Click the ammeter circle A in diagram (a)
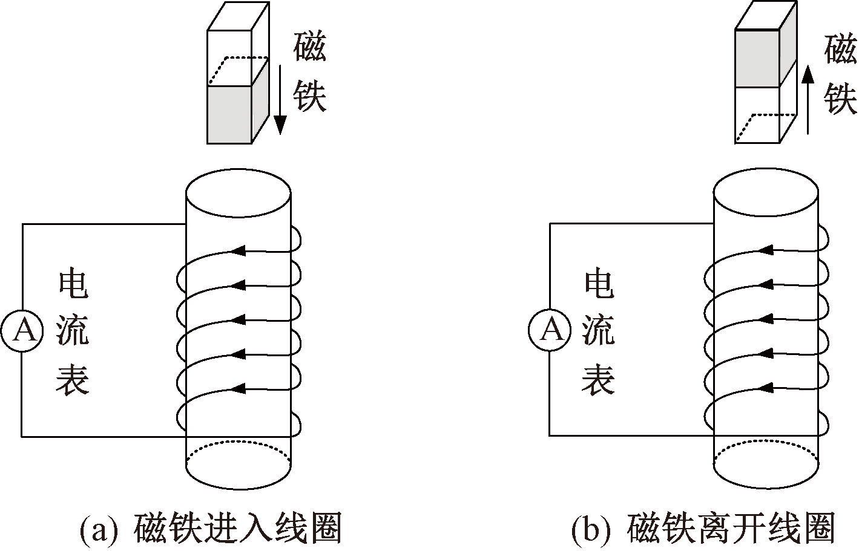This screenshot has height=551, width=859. pos(22,331)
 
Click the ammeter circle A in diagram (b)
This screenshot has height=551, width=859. pos(550,331)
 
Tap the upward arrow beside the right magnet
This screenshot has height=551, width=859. pos(807,100)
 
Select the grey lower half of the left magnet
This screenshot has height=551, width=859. pos(229,114)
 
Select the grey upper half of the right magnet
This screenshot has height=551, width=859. pos(757,58)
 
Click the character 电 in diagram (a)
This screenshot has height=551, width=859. pos(73,284)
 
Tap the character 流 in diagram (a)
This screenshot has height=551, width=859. pos(73,331)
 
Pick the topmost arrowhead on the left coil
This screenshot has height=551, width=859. pos(239,249)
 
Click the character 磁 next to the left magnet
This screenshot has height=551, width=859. pos(310,48)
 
